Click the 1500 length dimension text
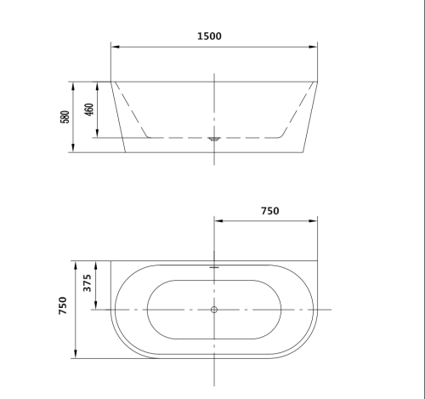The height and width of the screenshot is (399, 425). click(208, 36)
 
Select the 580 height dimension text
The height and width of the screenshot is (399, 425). click(65, 117)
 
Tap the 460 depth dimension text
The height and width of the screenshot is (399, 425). click(88, 111)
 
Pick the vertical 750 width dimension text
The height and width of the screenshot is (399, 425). click(64, 307)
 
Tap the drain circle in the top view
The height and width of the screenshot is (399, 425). click(214, 309)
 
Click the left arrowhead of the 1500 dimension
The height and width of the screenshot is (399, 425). click(114, 47)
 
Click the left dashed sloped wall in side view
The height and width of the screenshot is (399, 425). click(131, 109)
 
